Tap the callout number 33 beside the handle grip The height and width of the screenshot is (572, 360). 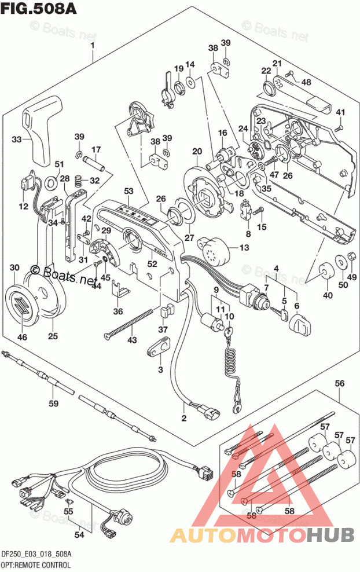(17, 139)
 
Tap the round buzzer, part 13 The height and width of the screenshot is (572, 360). (214, 250)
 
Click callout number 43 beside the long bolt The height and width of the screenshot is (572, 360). (133, 339)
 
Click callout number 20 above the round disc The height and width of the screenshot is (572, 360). (197, 152)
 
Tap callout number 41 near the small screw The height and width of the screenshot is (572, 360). (341, 112)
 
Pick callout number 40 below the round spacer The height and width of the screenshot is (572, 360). (328, 296)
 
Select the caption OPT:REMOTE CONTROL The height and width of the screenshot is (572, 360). (36, 564)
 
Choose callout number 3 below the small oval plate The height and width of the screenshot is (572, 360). (160, 369)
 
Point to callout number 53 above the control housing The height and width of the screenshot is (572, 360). (128, 191)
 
